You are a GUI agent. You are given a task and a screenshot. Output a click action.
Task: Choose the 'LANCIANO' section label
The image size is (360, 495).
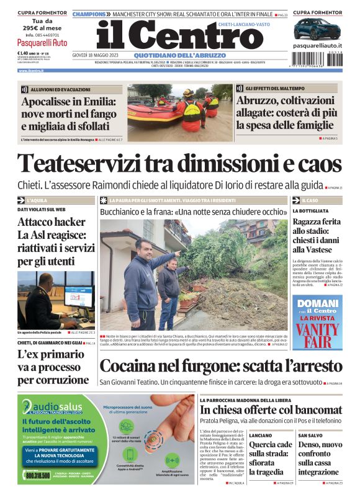[x=260, y=435]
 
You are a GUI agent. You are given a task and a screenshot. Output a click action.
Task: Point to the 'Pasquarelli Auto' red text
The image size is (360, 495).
[x=42, y=43]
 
